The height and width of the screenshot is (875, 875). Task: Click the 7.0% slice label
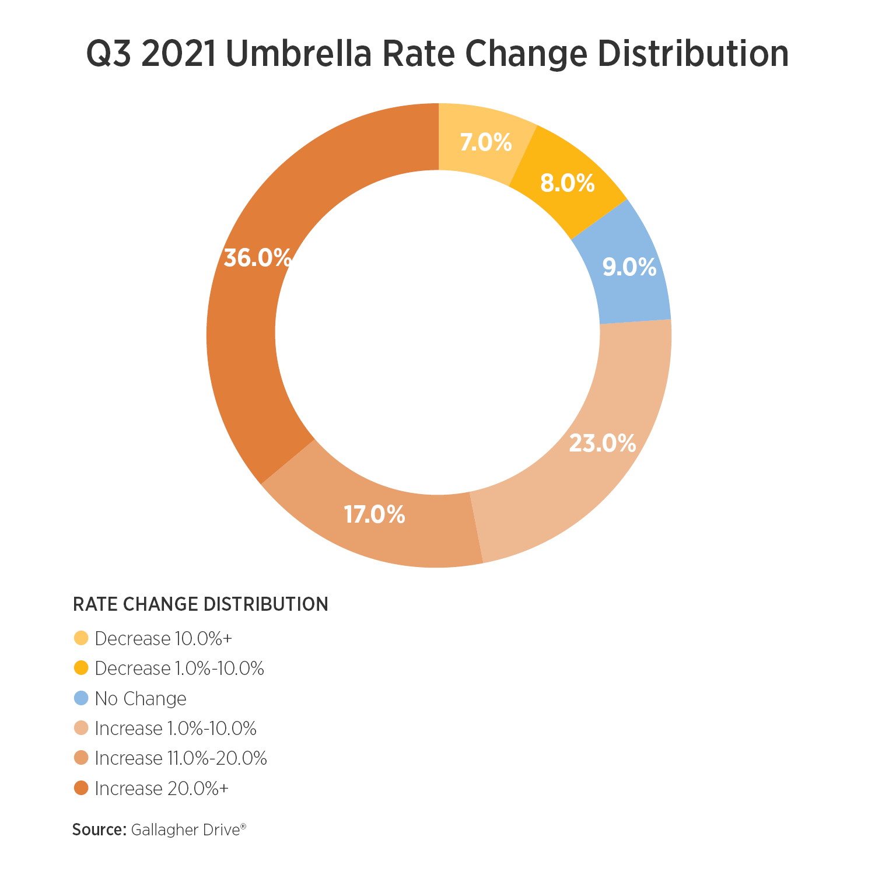point(485,142)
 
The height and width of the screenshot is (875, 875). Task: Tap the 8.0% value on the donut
point(567,183)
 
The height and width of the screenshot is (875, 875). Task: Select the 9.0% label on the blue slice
point(629,267)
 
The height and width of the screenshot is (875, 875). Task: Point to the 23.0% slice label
point(602,443)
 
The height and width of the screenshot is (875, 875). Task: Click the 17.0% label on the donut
point(374,514)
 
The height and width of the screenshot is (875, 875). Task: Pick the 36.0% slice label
point(257,257)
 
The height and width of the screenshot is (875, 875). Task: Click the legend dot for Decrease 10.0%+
point(82,638)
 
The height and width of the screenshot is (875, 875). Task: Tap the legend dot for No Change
point(82,698)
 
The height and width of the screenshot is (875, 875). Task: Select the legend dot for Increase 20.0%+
point(82,788)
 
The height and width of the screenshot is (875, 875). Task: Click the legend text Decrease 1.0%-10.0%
point(179,668)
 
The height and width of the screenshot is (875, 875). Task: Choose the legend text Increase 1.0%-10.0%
point(176,729)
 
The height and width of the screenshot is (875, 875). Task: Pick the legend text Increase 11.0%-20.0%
point(181,758)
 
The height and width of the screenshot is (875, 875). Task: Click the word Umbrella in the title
point(297,54)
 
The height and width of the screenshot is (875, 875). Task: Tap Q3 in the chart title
point(108,54)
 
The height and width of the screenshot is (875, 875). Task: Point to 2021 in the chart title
point(178,54)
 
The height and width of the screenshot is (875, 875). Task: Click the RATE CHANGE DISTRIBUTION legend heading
point(200,604)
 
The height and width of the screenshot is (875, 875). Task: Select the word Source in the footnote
point(99,829)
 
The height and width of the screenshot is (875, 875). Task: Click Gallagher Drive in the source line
point(185,829)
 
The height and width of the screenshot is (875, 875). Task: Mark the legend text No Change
point(141,698)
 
